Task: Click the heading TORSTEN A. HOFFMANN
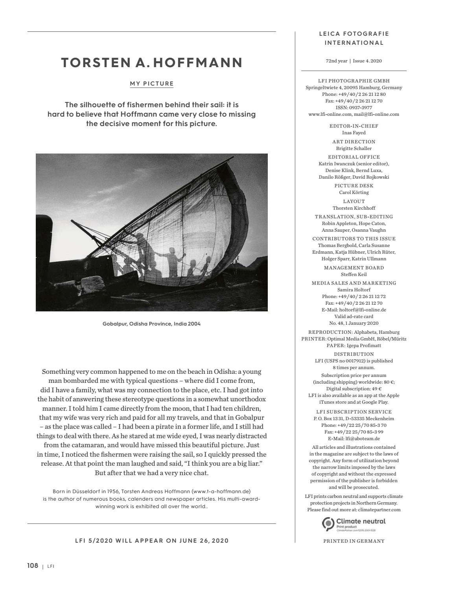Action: click(x=152, y=63)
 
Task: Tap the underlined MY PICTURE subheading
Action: click(x=152, y=84)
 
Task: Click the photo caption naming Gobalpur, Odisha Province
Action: click(x=152, y=324)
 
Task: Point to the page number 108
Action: click(x=33, y=565)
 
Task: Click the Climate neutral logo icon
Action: click(x=328, y=523)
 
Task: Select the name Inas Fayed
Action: click(x=354, y=133)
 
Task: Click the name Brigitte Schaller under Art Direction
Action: click(x=354, y=148)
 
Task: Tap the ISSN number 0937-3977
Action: click(x=354, y=108)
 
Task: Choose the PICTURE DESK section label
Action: click(x=354, y=186)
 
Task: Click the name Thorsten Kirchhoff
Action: click(x=354, y=208)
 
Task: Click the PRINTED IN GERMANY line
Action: click(x=354, y=541)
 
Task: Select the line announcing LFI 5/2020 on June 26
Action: click(x=152, y=541)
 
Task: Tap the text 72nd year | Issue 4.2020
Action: click(x=354, y=61)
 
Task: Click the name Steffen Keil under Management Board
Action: click(x=354, y=274)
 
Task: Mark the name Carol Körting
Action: click(x=354, y=192)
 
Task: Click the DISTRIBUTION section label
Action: click(x=354, y=354)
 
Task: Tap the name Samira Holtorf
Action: click(x=354, y=290)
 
